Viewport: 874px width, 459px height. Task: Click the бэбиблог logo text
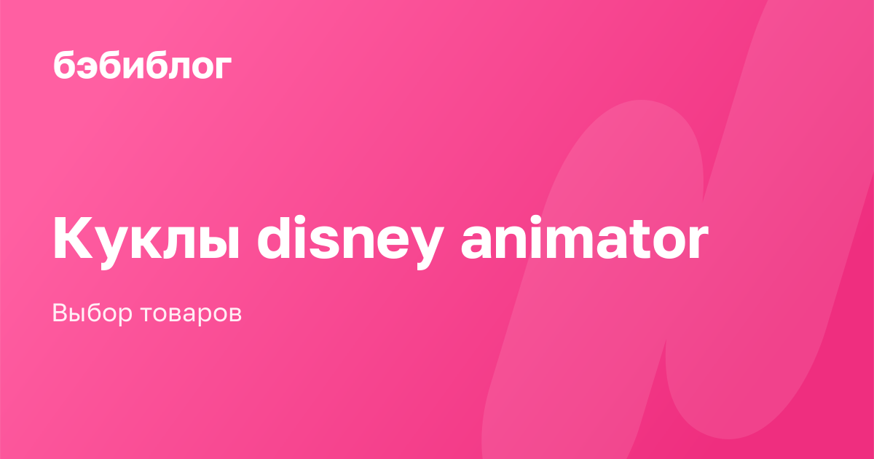click(143, 66)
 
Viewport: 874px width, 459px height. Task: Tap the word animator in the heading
click(584, 238)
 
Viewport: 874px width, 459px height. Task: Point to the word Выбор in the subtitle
click(92, 313)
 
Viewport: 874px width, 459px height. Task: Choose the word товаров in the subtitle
click(191, 314)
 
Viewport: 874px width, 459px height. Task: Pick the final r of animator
click(698, 242)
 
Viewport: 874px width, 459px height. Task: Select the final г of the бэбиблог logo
click(222, 67)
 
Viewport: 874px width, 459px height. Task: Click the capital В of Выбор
click(61, 313)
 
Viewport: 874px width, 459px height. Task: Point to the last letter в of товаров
click(234, 314)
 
